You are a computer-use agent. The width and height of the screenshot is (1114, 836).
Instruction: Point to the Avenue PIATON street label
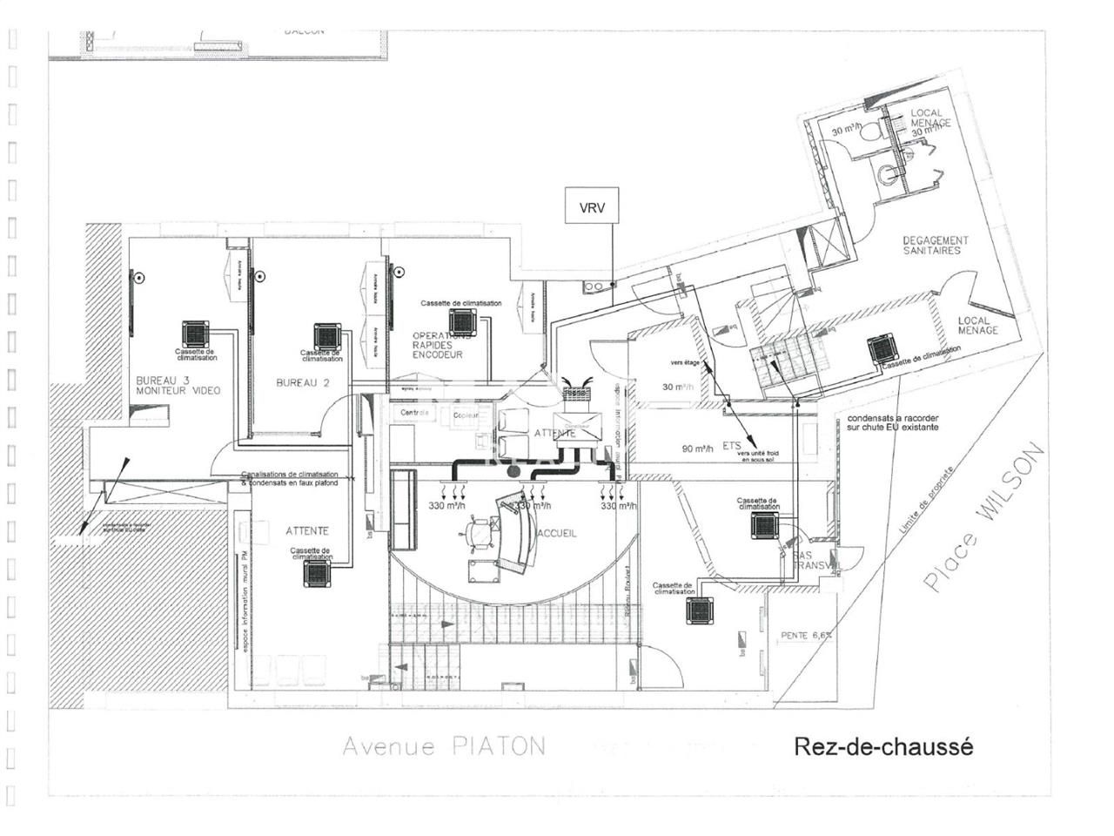[x=444, y=746]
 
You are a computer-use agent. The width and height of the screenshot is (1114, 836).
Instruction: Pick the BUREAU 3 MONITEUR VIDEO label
[x=178, y=386]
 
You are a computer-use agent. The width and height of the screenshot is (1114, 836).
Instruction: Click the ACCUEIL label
[x=557, y=533]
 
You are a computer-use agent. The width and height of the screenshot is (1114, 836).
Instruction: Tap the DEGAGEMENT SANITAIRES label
[x=936, y=246]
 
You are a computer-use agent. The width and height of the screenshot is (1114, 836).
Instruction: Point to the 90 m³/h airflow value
[x=697, y=449]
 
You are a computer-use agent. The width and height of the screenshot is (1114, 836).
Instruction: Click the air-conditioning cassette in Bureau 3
[x=196, y=334]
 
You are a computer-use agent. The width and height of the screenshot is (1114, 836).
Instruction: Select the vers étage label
[x=685, y=362]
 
